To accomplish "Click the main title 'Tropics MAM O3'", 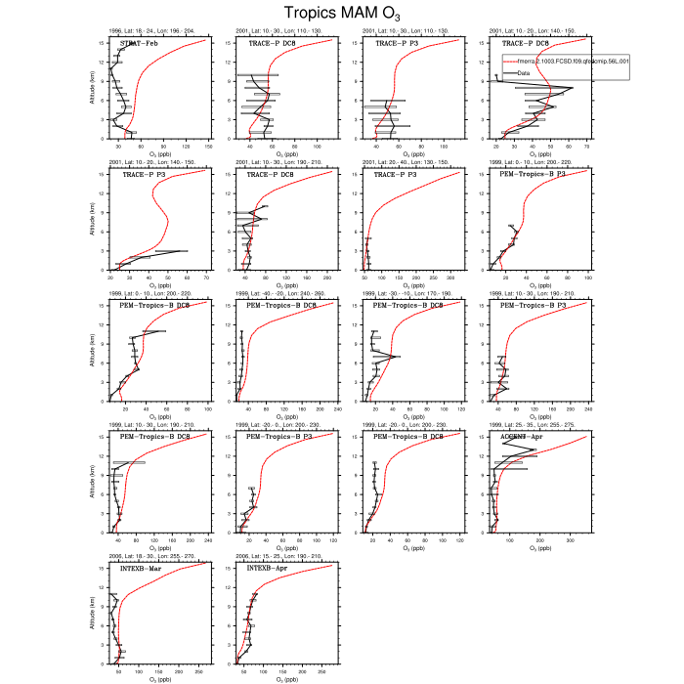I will pos(342,13).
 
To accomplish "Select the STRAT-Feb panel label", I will pos(142,43).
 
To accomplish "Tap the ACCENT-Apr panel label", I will pos(522,436).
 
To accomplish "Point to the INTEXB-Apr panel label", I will pos(268,567).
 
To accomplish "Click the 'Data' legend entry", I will pos(527,72).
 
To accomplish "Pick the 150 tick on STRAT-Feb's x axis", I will pos(205,145).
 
